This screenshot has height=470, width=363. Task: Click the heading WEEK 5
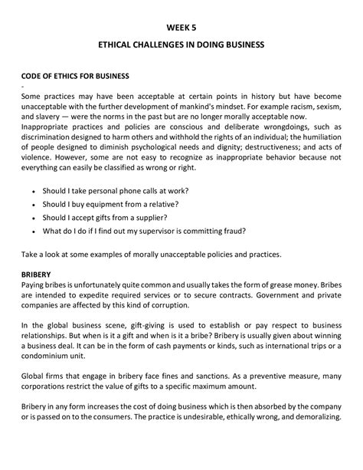pos(181,25)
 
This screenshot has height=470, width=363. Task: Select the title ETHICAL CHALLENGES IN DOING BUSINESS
pos(181,46)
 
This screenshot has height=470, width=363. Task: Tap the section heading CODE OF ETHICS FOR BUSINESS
pos(75,77)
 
